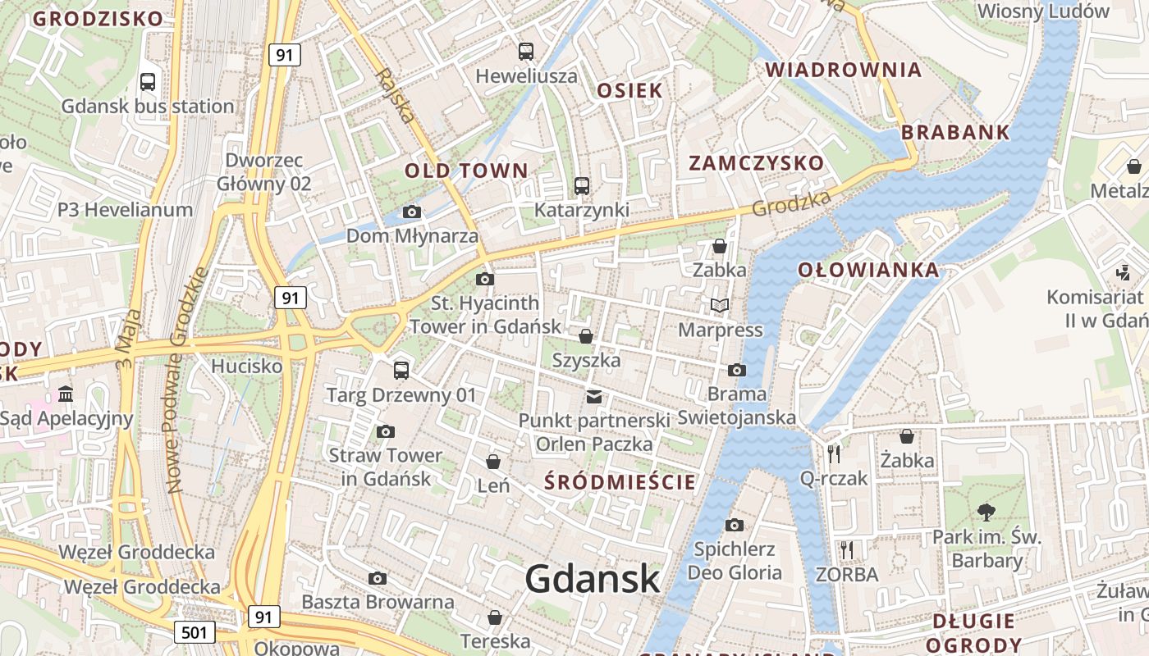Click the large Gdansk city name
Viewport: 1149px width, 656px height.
(593, 579)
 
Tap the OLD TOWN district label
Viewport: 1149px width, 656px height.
(466, 171)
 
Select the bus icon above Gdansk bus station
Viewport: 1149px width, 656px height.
(148, 82)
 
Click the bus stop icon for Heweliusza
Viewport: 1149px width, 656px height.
(526, 52)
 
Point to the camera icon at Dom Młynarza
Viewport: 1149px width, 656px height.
(412, 212)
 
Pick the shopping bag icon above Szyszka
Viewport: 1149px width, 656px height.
(586, 336)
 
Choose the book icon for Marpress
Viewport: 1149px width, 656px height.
(720, 306)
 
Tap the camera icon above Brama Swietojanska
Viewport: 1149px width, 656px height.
(737, 370)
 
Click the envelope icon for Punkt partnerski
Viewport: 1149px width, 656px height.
(594, 397)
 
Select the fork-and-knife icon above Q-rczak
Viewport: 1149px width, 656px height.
(834, 453)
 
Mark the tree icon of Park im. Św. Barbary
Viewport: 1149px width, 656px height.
(986, 512)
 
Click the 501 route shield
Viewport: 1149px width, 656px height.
(195, 632)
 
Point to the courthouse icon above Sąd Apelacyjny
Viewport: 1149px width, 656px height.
(66, 395)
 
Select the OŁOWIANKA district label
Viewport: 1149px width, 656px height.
(868, 270)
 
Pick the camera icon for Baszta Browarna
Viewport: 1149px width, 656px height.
(378, 578)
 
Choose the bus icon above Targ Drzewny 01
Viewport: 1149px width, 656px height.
(401, 371)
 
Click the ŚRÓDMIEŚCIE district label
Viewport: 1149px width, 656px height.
(620, 482)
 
